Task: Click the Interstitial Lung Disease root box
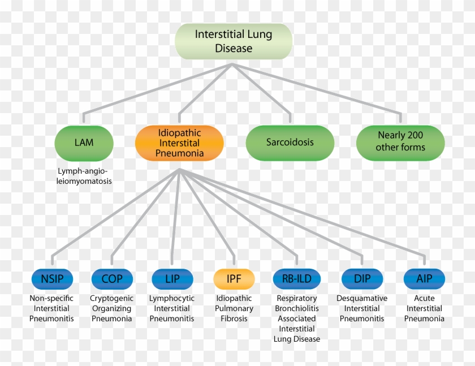click(234, 41)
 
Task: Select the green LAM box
click(84, 143)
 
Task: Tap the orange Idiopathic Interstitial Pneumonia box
click(180, 143)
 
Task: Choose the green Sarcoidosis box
click(290, 143)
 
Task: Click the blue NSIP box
click(51, 279)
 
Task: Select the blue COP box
click(112, 279)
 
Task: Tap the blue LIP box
click(172, 279)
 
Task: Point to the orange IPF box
click(234, 279)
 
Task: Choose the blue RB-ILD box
click(296, 279)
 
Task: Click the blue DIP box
click(362, 279)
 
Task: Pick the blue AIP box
click(424, 279)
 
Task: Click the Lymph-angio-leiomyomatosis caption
click(84, 176)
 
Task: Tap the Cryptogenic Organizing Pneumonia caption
click(112, 308)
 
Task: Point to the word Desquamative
click(362, 298)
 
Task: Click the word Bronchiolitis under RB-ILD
click(297, 308)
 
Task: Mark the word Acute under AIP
click(424, 298)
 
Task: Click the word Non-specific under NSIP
click(51, 298)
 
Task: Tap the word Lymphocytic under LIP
click(172, 298)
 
